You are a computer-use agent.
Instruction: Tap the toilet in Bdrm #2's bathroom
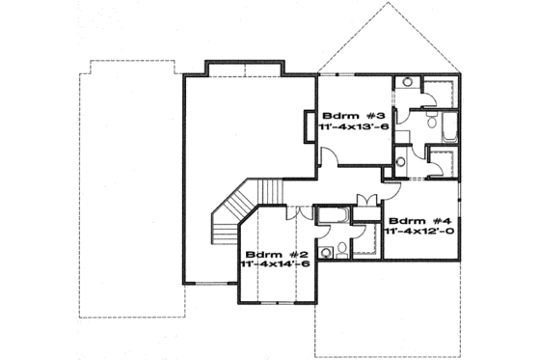(327, 253)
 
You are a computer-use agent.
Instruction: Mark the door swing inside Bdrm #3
(330, 157)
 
